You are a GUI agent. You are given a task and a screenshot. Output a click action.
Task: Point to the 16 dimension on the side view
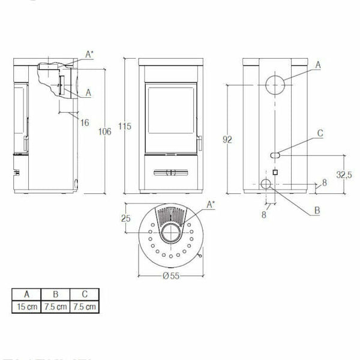[x=84, y=122]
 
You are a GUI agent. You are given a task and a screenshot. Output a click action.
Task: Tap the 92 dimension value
[x=227, y=139]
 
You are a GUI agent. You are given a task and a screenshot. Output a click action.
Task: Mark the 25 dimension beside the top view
[x=127, y=218]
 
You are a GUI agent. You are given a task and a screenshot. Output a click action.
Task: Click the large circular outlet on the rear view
[x=273, y=85]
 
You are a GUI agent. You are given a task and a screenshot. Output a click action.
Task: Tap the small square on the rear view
[x=275, y=172]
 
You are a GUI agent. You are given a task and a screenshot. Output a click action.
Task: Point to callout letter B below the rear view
[x=317, y=210]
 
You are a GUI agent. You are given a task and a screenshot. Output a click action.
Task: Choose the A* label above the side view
[x=89, y=55]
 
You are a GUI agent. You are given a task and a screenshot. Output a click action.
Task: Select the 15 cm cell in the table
[x=26, y=307]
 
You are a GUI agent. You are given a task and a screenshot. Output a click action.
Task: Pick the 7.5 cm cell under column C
[x=84, y=307]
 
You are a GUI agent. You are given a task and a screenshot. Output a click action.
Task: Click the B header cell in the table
[x=55, y=295]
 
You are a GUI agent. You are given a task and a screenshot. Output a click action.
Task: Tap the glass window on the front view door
[x=172, y=114]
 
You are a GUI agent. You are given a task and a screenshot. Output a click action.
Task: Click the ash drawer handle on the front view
[x=172, y=173]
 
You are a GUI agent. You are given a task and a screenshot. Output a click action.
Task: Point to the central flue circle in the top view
[x=172, y=234]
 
